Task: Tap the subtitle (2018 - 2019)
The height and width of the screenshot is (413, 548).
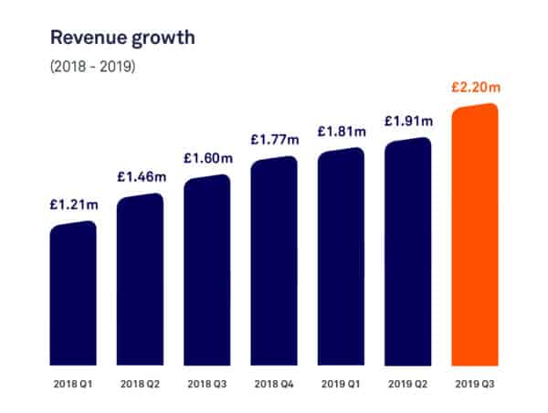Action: [93, 67]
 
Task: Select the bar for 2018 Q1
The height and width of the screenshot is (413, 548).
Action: [73, 292]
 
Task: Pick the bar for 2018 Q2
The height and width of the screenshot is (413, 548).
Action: [140, 279]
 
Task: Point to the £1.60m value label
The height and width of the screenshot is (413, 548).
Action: [207, 158]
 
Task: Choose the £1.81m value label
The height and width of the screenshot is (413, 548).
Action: [341, 132]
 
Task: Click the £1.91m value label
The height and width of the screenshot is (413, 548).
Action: [407, 121]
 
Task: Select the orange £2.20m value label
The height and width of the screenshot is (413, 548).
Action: [475, 89]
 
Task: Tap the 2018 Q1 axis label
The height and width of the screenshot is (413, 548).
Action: [73, 384]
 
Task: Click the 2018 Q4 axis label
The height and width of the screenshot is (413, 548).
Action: [274, 384]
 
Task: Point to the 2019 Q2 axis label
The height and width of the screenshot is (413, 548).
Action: [407, 384]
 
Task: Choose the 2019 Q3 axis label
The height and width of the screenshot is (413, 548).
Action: [475, 384]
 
